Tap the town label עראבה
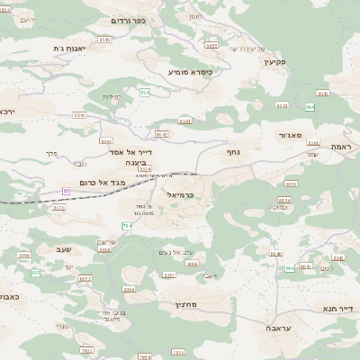pos(277,329)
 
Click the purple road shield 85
pos(66,191)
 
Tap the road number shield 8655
pos(291,183)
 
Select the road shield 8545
pos(104,40)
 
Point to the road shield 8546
pos(79,115)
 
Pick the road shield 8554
pos(284,200)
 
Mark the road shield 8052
pos(85,279)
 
